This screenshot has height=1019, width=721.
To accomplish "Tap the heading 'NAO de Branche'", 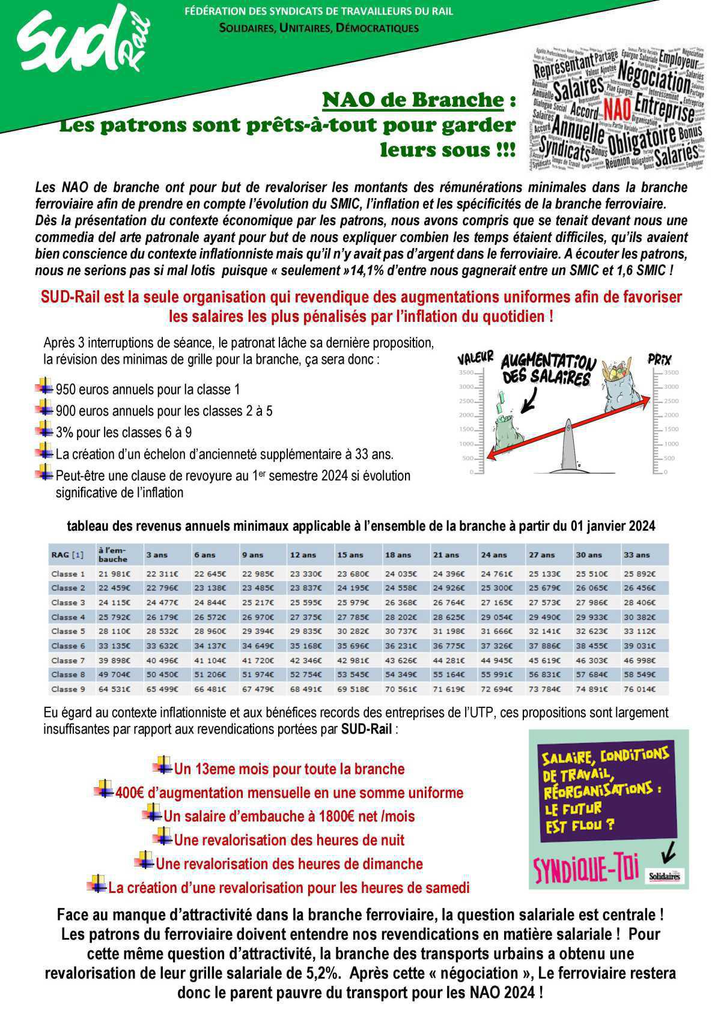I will (412, 100).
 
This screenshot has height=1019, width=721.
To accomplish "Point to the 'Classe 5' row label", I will (68, 632).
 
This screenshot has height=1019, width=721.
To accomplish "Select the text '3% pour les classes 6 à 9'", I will (124, 433).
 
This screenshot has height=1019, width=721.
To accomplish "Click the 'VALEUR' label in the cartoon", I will (475, 358).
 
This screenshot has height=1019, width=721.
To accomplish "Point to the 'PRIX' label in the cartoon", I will (659, 359).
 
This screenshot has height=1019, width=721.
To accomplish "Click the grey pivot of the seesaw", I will (568, 445).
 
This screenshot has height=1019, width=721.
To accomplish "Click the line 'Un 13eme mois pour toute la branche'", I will (289, 769).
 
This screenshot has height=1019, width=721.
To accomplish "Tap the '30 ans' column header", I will (588, 555).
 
